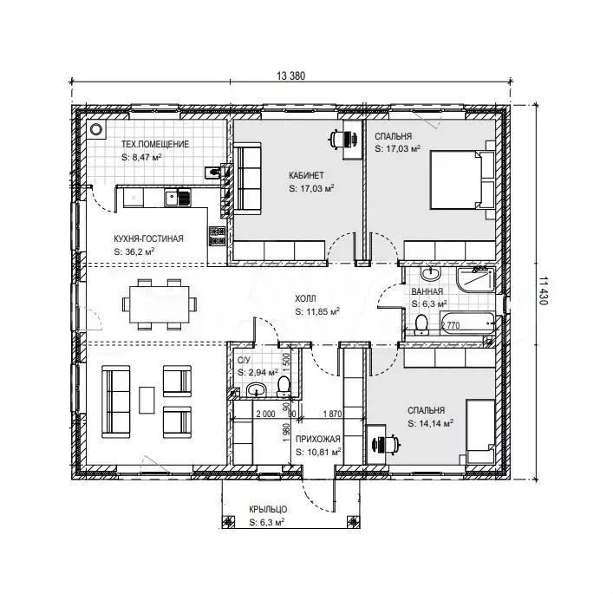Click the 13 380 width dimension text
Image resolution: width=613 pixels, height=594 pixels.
point(290,75)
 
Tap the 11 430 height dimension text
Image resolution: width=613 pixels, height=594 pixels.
point(544,291)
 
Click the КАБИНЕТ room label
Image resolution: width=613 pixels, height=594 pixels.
point(307,175)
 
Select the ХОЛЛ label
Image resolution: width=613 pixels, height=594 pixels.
point(305,299)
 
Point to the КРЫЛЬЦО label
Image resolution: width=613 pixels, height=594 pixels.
point(268,509)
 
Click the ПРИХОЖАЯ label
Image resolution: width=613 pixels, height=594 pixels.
point(318,439)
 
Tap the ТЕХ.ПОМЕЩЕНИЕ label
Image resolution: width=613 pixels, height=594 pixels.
point(155,144)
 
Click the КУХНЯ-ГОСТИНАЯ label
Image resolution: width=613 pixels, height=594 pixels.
point(148,238)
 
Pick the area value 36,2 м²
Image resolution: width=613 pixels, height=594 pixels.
point(140,251)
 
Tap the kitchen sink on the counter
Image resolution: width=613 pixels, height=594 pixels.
point(178,198)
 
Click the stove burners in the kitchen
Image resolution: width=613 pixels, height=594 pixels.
point(218,236)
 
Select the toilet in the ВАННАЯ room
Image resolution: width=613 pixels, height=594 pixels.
point(421,325)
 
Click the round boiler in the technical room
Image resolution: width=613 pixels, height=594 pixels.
point(95,129)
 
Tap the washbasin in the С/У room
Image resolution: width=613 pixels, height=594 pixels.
point(256,389)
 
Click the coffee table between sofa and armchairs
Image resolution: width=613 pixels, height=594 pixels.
point(147,400)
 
